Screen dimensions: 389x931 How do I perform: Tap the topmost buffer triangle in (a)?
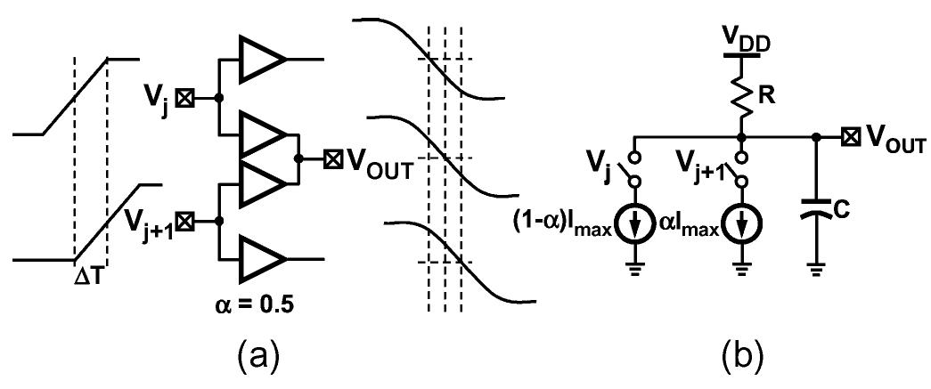[261, 59]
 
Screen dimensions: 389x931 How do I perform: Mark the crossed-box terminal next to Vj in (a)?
[184, 97]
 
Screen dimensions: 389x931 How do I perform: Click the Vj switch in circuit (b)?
[635, 166]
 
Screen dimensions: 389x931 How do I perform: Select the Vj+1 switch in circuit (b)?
[741, 166]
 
